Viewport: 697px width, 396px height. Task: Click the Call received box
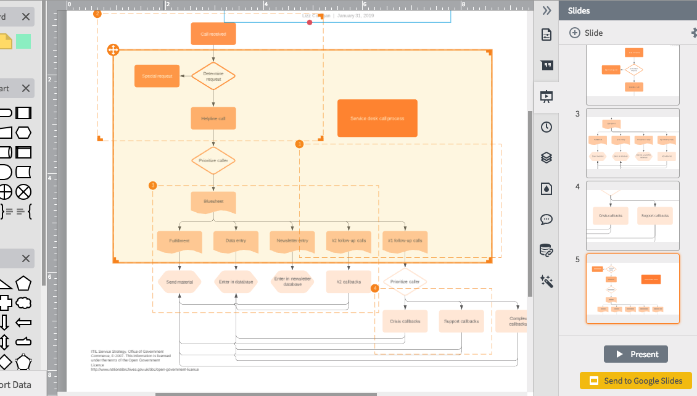tap(213, 34)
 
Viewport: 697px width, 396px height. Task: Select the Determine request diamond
tap(213, 76)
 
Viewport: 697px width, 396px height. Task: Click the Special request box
tap(157, 76)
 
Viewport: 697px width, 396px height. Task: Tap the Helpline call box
tap(213, 118)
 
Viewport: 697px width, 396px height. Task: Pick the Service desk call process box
tap(377, 118)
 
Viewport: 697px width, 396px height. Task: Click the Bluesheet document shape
tap(213, 202)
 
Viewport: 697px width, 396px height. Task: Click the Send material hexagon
tap(179, 282)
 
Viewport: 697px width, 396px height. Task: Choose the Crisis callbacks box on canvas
tap(405, 321)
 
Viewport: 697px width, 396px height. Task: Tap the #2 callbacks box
tap(348, 282)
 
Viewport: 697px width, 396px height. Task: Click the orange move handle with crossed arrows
tap(113, 50)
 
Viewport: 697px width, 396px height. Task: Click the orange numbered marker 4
tap(375, 288)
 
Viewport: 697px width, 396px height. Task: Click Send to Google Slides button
tap(635, 381)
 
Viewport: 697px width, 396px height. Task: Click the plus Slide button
tap(586, 33)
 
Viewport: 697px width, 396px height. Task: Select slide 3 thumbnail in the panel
tap(632, 142)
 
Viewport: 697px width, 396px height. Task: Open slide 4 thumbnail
tap(632, 215)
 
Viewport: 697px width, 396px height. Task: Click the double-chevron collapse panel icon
tap(546, 10)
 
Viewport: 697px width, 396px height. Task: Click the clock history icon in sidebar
tap(546, 127)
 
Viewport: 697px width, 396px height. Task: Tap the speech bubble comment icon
tap(546, 219)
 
